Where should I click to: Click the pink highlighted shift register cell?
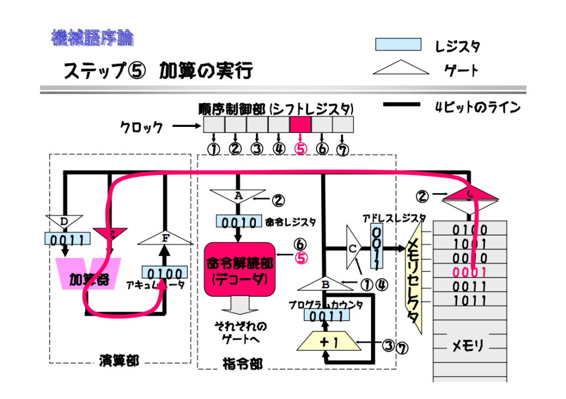(300, 124)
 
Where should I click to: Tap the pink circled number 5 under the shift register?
(300, 148)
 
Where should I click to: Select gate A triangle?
(238, 196)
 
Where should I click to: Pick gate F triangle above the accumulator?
(164, 238)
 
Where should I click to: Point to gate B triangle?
(326, 284)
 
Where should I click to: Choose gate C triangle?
(353, 248)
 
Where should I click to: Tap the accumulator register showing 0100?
(164, 273)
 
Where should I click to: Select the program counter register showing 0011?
(326, 316)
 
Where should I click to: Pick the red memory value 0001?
(470, 272)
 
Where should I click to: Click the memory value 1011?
(470, 301)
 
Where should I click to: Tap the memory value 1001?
(470, 244)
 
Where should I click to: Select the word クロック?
(141, 127)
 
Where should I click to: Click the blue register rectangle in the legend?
(398, 45)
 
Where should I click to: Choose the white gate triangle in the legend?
(401, 68)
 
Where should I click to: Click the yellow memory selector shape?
(414, 276)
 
